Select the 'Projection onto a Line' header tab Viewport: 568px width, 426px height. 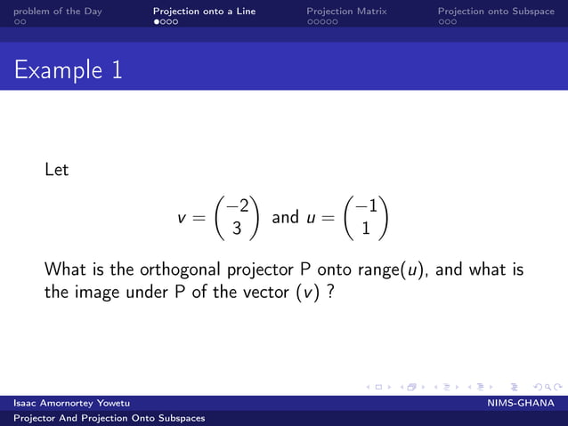204,12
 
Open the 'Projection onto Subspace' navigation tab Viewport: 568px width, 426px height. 496,12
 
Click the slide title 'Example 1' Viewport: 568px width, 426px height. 68,70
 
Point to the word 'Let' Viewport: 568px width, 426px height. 56,169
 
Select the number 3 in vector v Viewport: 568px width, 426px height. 237,228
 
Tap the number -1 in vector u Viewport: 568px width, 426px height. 365,207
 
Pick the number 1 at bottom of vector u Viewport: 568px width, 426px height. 366,228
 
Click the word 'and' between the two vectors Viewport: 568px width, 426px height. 285,217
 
